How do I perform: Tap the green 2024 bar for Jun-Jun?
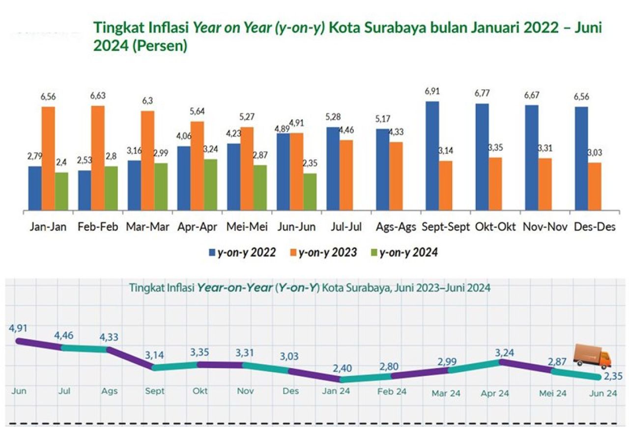click(310, 192)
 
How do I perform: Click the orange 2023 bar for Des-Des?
click(595, 187)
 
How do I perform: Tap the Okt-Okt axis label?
click(495, 227)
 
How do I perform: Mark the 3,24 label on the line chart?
click(499, 349)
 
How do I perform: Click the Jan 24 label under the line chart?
click(336, 392)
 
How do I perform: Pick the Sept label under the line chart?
click(155, 391)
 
